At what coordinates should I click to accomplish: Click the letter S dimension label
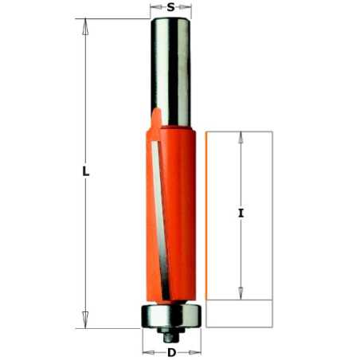(171, 7)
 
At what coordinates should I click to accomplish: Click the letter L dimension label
(85, 171)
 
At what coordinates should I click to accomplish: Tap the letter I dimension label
(241, 213)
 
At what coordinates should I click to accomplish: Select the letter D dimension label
(172, 353)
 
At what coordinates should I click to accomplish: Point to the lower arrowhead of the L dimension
(85, 320)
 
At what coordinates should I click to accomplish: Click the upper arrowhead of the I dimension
(241, 138)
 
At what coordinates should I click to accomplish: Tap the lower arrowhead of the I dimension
(241, 293)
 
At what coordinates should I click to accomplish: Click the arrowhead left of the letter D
(148, 353)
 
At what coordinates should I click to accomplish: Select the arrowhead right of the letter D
(195, 353)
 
